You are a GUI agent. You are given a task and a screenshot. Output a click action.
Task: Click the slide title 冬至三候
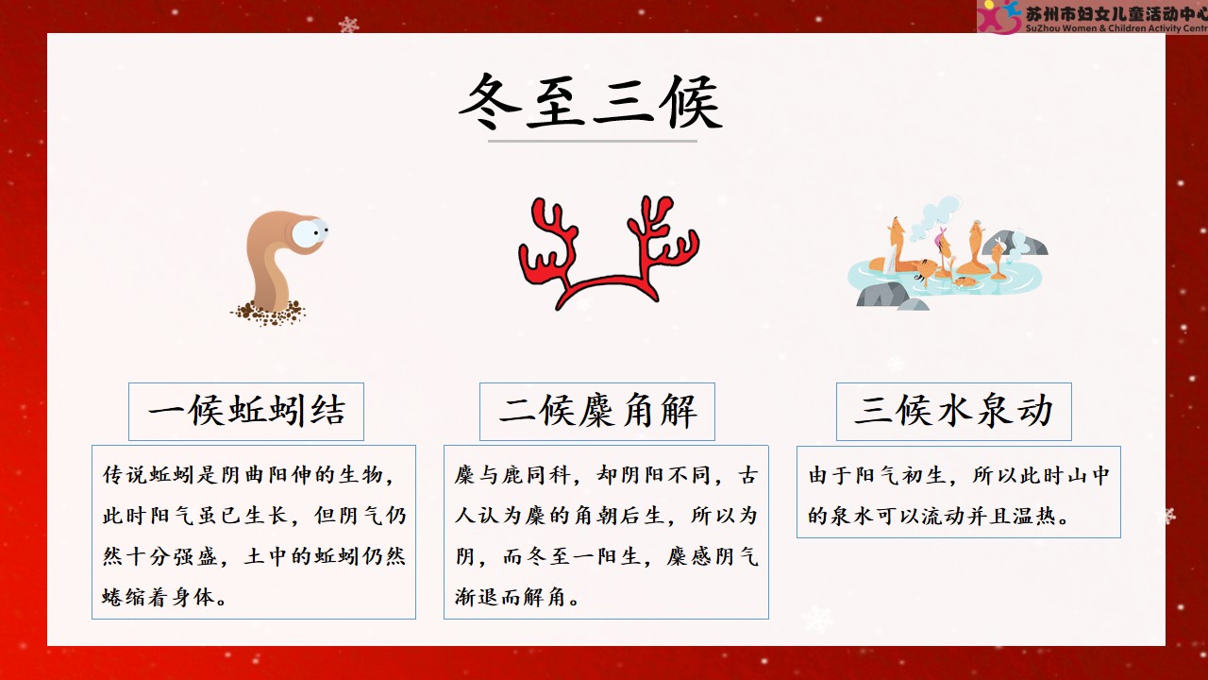tap(591, 102)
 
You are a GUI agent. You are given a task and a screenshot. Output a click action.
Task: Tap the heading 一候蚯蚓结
tap(246, 411)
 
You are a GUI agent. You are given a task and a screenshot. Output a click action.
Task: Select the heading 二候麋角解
tap(597, 411)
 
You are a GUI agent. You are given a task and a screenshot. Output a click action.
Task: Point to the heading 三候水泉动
tap(953, 411)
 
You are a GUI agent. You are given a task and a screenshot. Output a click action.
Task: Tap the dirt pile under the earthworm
tap(268, 313)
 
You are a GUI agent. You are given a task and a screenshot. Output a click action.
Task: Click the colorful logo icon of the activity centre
tap(998, 16)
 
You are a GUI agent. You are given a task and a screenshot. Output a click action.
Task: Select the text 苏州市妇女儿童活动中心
tap(1116, 13)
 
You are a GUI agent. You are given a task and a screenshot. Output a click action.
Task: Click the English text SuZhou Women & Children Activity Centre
tap(1116, 28)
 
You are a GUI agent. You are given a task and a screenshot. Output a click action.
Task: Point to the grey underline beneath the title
tap(592, 141)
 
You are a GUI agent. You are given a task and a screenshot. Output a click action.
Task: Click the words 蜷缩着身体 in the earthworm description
tap(159, 597)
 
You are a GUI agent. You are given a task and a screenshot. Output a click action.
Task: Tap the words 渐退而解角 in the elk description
tap(511, 597)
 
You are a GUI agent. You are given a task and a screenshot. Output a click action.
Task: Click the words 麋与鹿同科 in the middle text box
tap(512, 475)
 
